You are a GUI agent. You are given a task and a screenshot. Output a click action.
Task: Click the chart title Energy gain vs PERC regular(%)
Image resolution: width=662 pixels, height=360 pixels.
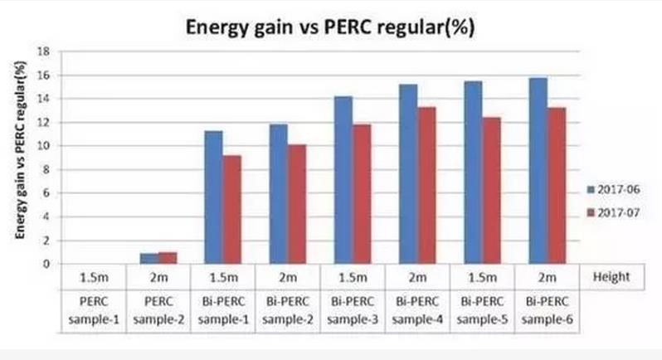[x=331, y=27]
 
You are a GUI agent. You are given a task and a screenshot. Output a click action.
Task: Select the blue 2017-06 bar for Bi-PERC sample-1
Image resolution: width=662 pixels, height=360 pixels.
[x=212, y=197]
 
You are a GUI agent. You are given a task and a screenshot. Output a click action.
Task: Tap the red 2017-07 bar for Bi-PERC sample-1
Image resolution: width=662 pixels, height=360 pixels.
[x=231, y=210]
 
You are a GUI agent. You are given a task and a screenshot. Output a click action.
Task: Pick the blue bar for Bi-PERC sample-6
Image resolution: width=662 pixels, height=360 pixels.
[x=537, y=171]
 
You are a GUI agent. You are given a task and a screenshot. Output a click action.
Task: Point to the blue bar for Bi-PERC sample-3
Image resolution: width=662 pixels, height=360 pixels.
[x=343, y=180]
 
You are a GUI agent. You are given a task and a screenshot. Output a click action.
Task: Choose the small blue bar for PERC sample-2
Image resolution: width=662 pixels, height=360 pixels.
[x=148, y=259]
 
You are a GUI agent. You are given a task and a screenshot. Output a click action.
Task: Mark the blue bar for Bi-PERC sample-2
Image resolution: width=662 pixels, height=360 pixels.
[x=278, y=194]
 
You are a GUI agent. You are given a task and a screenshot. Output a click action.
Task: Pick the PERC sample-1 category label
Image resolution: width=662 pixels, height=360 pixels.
[x=93, y=304]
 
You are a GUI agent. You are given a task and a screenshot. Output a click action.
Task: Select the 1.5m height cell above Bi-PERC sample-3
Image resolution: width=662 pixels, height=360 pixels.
[x=352, y=276]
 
